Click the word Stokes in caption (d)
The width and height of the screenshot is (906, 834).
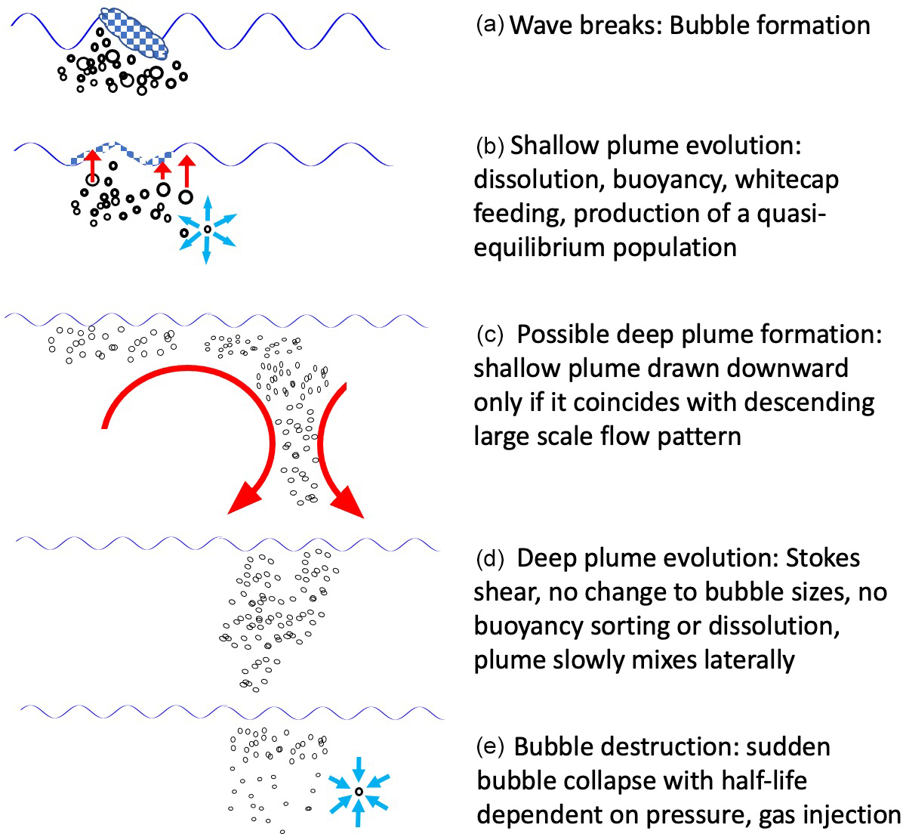click(x=823, y=559)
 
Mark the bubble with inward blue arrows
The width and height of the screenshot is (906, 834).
click(x=359, y=791)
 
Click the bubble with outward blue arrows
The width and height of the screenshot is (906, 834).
click(x=207, y=229)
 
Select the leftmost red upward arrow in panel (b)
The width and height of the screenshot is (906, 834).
click(x=92, y=165)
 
